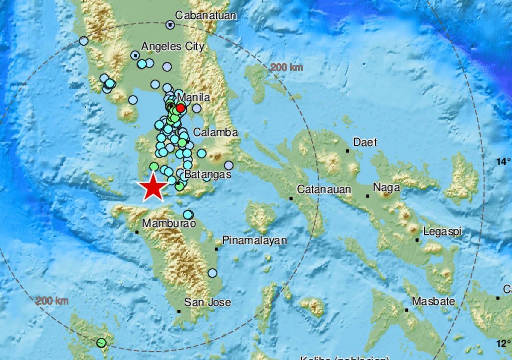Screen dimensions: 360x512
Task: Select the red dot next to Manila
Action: [x=181, y=108]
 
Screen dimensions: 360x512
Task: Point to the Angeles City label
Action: [x=172, y=46]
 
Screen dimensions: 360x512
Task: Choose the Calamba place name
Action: [x=216, y=132]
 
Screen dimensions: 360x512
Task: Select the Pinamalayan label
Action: [x=254, y=240]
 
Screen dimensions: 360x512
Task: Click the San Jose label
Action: [x=207, y=302]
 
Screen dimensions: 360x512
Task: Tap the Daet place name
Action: [x=365, y=142]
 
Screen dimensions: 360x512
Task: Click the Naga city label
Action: [x=386, y=188]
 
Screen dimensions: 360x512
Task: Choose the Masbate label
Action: [x=435, y=301]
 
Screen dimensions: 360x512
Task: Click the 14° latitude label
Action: [x=503, y=162]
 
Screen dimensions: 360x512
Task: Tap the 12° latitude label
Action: [x=503, y=344]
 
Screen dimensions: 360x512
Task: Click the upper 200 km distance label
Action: [x=287, y=68]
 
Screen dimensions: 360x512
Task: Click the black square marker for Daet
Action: [x=347, y=151]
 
